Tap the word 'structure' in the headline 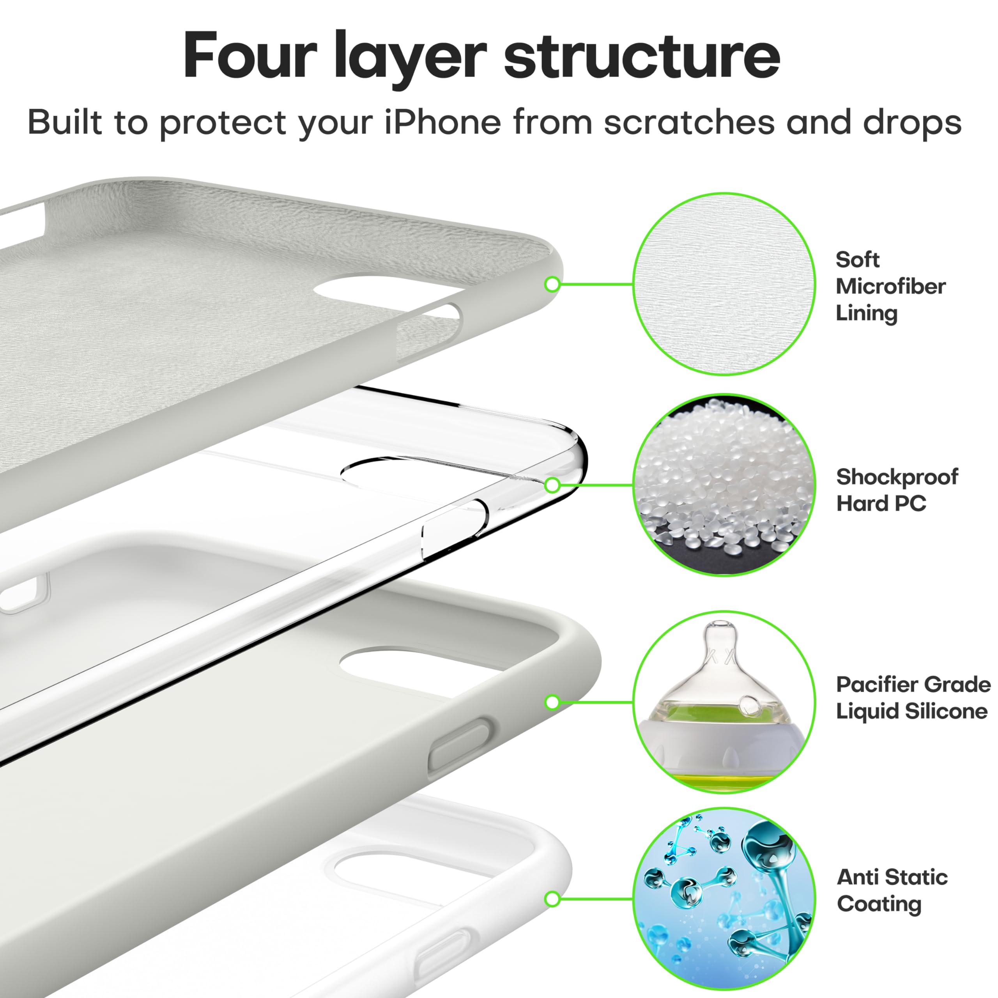(x=642, y=55)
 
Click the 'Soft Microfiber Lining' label (x=890, y=286)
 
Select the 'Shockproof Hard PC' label (x=897, y=490)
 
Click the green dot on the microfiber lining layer (x=552, y=284)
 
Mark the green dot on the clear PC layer (x=552, y=485)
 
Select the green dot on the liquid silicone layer (x=552, y=702)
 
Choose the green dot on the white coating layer (x=552, y=899)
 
